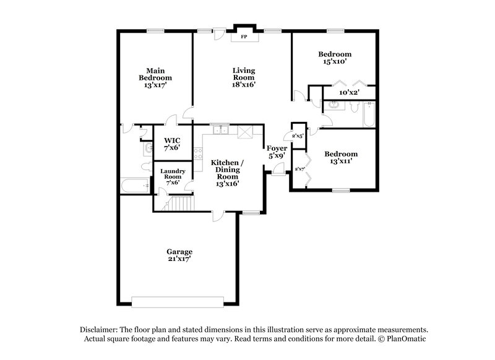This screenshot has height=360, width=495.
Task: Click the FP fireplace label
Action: point(244,36)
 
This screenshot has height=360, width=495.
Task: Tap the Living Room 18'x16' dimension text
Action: point(244,85)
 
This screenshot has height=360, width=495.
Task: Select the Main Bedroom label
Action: point(155,78)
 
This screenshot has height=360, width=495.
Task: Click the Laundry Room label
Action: point(173,176)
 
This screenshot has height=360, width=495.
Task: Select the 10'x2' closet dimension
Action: point(349,93)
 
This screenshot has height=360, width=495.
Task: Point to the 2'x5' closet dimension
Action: point(296,135)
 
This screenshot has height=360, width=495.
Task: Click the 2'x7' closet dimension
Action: point(300,169)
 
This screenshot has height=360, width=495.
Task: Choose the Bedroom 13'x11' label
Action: point(340,158)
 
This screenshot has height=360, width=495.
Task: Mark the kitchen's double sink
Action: point(219,129)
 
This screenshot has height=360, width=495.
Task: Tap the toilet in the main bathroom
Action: point(145,166)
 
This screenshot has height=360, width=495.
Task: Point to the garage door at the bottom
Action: point(178,301)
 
